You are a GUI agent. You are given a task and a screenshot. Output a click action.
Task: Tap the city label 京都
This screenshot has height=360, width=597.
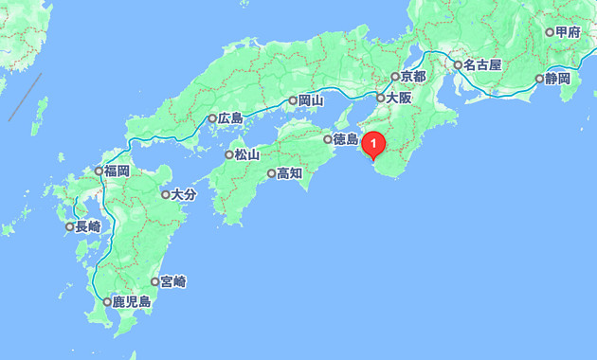point(414,77)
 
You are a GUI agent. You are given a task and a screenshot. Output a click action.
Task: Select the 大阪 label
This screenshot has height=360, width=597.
point(399,98)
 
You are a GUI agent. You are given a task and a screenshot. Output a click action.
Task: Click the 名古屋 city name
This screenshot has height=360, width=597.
point(482,66)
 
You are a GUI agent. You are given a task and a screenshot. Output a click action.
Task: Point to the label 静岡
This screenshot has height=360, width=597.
point(557,79)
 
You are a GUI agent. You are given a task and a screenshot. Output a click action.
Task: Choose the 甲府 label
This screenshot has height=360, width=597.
point(568,32)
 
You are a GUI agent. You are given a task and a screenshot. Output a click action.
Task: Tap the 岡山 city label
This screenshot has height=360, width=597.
point(311,99)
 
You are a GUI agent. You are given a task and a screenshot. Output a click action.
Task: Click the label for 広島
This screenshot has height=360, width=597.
point(230,119)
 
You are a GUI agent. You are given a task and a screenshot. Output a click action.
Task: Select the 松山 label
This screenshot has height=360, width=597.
point(246,154)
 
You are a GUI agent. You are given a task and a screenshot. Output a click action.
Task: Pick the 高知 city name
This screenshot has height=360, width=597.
point(289,173)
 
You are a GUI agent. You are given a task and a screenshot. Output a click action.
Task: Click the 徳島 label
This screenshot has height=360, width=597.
point(346,140)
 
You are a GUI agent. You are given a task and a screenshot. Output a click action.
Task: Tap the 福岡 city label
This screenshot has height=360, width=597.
point(117,171)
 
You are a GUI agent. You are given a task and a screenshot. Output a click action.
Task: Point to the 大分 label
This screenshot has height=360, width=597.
point(183,195)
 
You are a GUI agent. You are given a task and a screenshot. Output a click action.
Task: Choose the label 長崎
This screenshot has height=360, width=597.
point(87,226)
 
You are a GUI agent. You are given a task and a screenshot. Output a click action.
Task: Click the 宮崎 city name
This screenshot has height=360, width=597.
point(173,281)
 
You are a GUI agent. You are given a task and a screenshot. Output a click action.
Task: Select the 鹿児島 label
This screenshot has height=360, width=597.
point(132,302)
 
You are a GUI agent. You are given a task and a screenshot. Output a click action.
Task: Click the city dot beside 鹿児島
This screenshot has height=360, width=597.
point(107,302)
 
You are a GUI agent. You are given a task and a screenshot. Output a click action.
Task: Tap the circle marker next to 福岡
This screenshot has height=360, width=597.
point(99,171)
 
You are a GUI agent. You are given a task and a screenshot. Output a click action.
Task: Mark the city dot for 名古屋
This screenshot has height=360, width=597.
point(457,66)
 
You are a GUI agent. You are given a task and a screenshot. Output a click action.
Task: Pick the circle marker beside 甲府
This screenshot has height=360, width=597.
point(550,32)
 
